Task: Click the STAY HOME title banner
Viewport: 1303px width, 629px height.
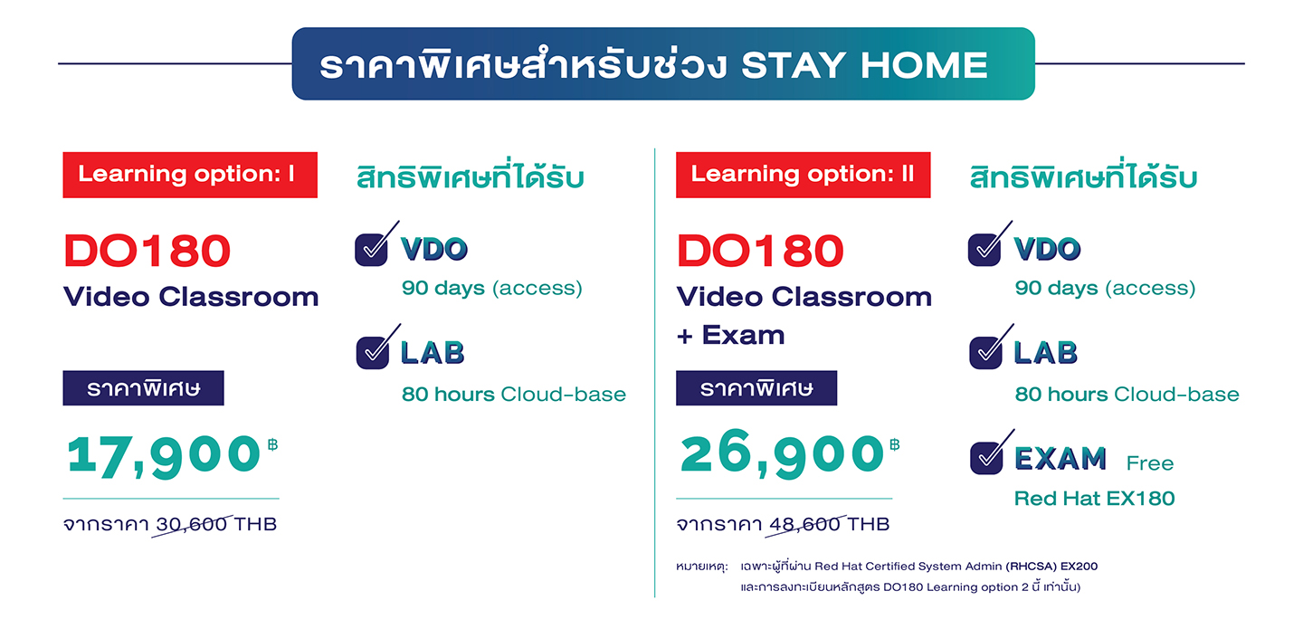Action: point(663,63)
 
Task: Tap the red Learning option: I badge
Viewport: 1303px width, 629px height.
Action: point(190,175)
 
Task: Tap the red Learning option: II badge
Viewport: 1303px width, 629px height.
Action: point(803,175)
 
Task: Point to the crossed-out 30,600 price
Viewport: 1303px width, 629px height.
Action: point(192,524)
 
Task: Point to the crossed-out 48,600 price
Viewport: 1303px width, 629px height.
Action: point(804,524)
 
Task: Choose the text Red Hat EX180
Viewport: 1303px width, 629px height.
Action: point(1094,499)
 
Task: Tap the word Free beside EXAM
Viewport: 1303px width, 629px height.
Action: point(1150,463)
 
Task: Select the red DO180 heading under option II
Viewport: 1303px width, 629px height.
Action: point(760,252)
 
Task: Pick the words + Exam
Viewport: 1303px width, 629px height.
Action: point(730,335)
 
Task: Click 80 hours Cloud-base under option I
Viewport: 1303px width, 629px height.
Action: point(514,394)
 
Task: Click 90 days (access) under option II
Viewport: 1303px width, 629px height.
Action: point(1105,288)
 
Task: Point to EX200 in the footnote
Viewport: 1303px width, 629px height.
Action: point(1079,567)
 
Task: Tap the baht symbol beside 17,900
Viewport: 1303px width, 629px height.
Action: point(273,445)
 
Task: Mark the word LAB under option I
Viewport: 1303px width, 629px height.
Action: point(433,353)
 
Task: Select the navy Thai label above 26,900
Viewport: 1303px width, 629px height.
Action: point(756,388)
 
